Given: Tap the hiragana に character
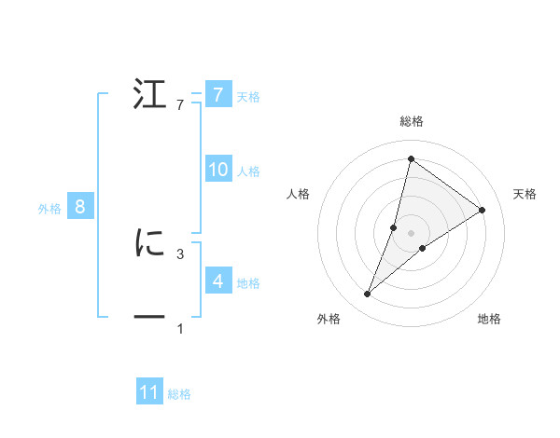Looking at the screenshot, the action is tap(149, 243).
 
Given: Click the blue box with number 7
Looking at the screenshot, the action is tap(217, 94).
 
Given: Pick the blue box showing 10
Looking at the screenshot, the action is tap(217, 170).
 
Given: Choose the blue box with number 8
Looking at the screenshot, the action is tap(80, 207).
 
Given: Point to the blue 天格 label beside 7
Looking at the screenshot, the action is tap(248, 96).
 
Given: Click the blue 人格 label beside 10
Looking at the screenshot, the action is tap(248, 171).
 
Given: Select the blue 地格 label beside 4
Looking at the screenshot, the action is tap(248, 282).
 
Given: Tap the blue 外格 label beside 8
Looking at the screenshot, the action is tap(49, 209).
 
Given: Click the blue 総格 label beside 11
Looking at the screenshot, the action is tap(179, 394).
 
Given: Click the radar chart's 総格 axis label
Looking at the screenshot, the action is tap(412, 121).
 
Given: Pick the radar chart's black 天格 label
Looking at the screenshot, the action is tap(525, 194).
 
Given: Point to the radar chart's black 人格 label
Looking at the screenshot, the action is tap(299, 194).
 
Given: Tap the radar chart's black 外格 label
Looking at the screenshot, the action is tap(329, 320).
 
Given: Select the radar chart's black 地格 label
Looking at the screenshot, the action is tap(489, 320).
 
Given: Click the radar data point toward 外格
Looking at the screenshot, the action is tap(368, 294).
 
